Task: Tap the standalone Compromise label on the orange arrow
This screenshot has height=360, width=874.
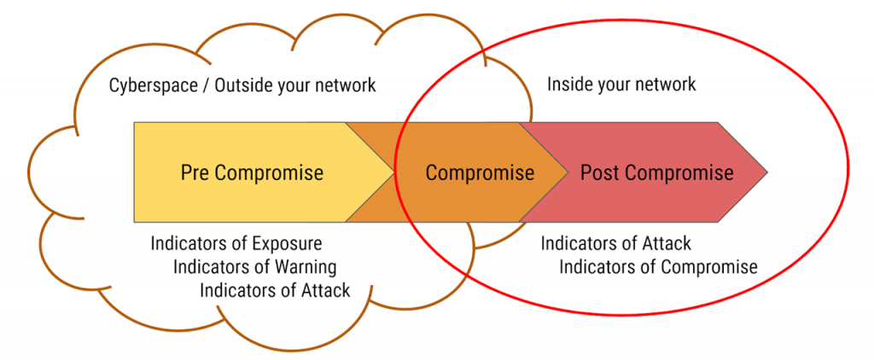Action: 480,173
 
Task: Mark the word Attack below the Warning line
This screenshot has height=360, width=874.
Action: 324,290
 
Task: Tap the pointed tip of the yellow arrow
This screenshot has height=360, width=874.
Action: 393,172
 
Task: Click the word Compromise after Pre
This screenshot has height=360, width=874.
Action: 269,172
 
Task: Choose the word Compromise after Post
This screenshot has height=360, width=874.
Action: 679,172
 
